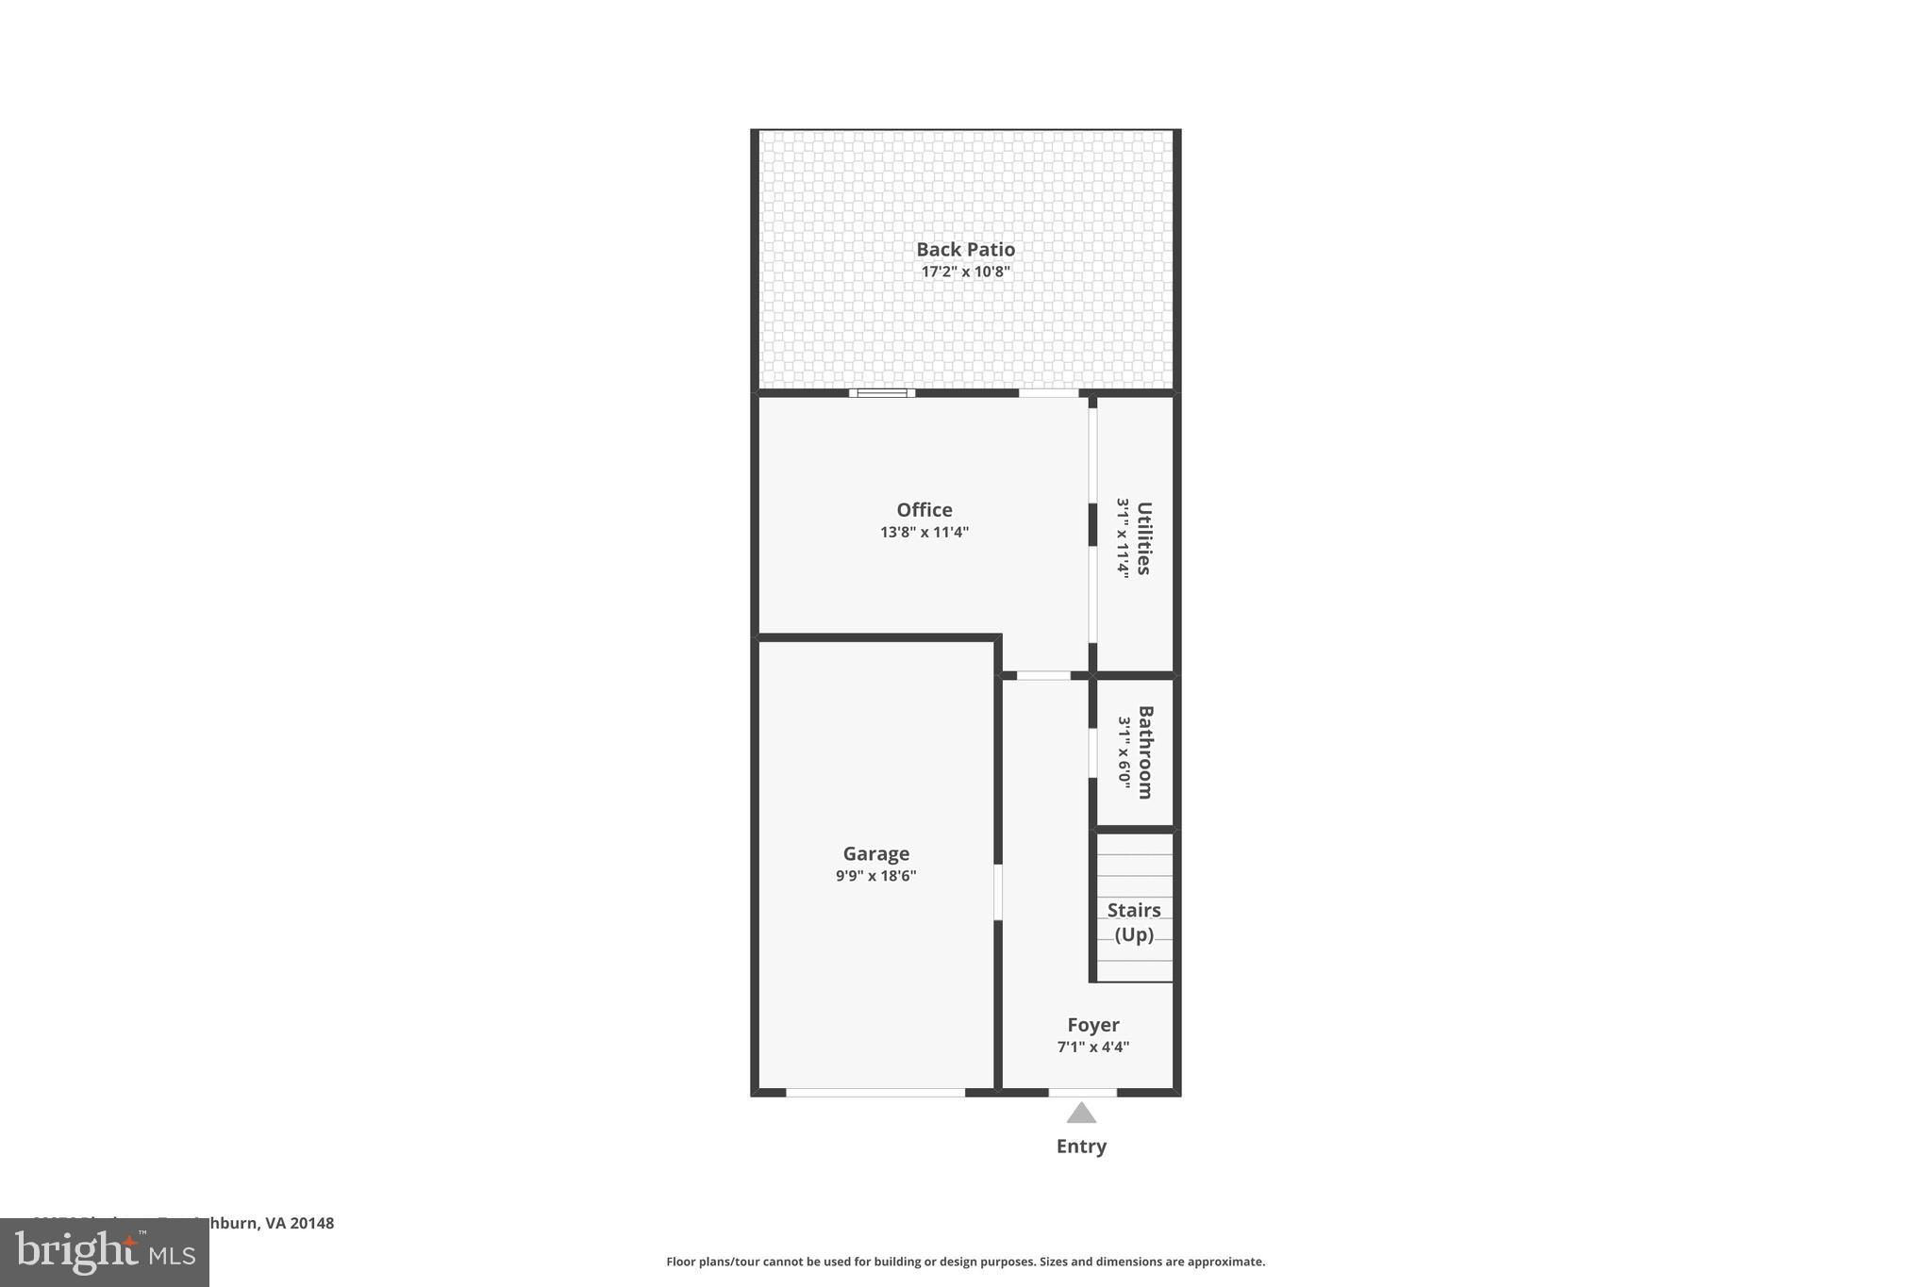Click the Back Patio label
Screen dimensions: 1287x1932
click(x=965, y=250)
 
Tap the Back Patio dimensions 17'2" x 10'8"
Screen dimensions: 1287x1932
click(x=965, y=272)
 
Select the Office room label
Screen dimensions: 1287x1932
click(x=924, y=510)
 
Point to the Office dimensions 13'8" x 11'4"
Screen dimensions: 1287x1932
click(x=924, y=532)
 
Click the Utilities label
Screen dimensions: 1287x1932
click(x=1143, y=537)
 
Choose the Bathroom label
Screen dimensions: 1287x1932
click(x=1145, y=751)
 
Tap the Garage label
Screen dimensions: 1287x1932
click(x=875, y=853)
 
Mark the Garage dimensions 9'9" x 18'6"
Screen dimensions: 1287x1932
click(x=875, y=876)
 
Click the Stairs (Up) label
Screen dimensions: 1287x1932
click(x=1134, y=922)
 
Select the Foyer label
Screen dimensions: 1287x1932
click(x=1092, y=1025)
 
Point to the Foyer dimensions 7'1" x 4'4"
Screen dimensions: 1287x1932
click(x=1092, y=1047)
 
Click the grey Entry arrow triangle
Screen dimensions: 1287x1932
click(x=1081, y=1114)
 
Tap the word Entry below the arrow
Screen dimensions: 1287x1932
click(x=1081, y=1147)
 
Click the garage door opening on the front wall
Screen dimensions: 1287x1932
click(x=874, y=1093)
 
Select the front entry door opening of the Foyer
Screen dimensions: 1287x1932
click(x=1082, y=1093)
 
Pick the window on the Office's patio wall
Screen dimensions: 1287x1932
click(x=881, y=393)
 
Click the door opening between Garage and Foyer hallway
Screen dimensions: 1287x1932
click(x=997, y=892)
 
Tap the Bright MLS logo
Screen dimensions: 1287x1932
click(x=105, y=1252)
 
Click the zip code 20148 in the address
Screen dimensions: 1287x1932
click(x=311, y=1223)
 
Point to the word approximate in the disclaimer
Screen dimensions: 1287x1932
click(x=1224, y=1262)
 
